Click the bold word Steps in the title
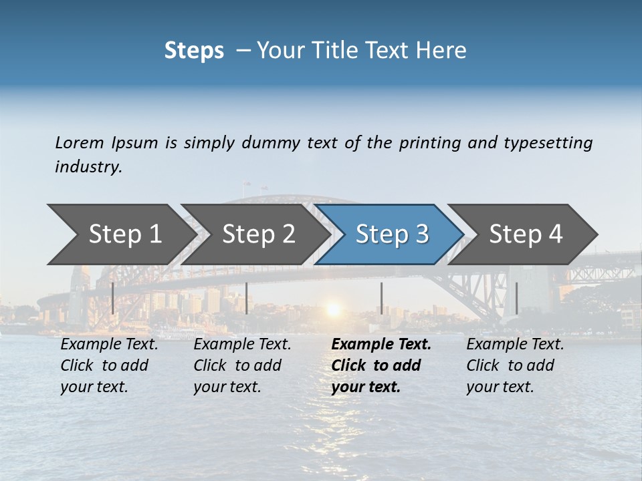[194, 51]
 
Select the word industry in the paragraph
[88, 166]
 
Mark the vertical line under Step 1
[112, 298]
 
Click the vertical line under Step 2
[247, 298]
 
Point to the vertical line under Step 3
[381, 298]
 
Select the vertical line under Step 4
[516, 298]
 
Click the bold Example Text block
[380, 365]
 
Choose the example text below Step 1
[108, 365]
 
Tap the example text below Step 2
[241, 365]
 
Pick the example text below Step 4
[514, 365]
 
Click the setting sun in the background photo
[332, 310]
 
